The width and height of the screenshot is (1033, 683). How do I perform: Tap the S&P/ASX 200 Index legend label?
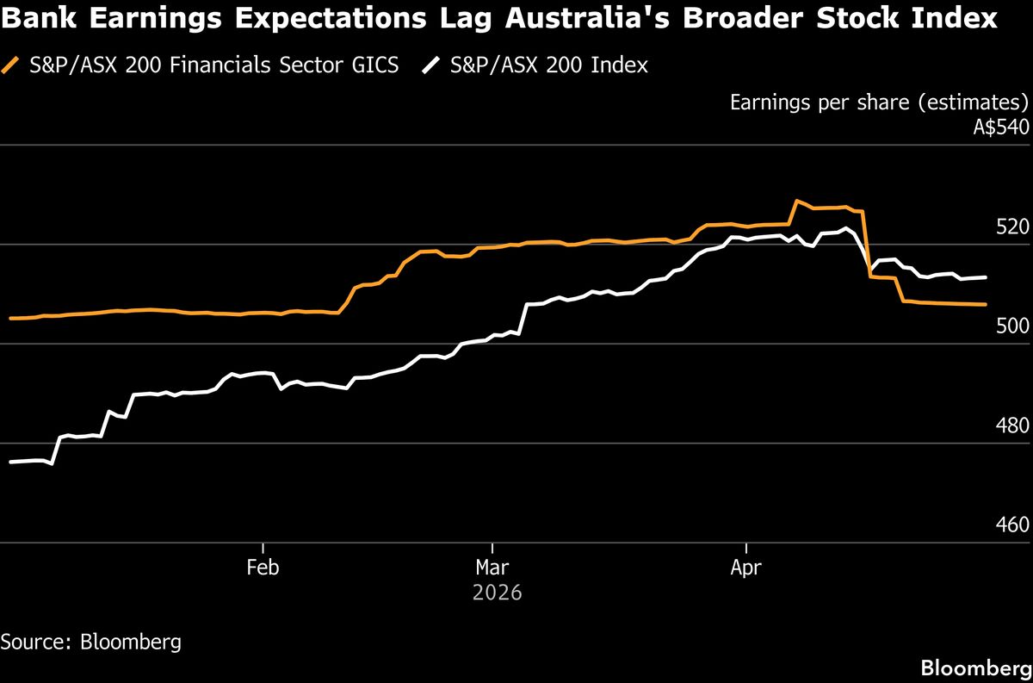(x=549, y=65)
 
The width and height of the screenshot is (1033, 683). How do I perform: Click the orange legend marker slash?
(x=10, y=65)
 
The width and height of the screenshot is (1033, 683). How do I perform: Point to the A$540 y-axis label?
(x=1000, y=127)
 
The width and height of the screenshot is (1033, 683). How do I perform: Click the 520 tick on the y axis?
(x=1013, y=227)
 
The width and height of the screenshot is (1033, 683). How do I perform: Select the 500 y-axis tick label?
(x=1013, y=326)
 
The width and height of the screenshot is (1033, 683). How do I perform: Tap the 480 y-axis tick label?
(x=1013, y=425)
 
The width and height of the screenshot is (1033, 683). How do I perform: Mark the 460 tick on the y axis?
(x=1013, y=525)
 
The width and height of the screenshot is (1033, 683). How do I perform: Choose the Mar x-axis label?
(x=492, y=568)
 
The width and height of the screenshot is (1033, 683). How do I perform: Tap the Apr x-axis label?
(x=745, y=568)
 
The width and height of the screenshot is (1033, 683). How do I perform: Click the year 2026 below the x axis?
(x=498, y=593)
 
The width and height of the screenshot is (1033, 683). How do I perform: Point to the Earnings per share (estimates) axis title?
(x=879, y=102)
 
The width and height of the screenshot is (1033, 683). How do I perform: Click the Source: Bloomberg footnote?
(x=90, y=642)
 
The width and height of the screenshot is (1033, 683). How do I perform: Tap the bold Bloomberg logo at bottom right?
(x=975, y=667)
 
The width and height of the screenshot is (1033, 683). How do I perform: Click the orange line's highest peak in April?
(x=797, y=202)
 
